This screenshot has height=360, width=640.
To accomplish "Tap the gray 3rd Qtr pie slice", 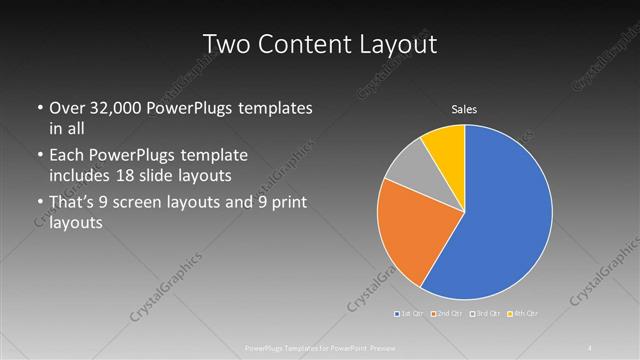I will coord(408,169).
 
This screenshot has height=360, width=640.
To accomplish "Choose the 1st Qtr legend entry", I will coord(409,314).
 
